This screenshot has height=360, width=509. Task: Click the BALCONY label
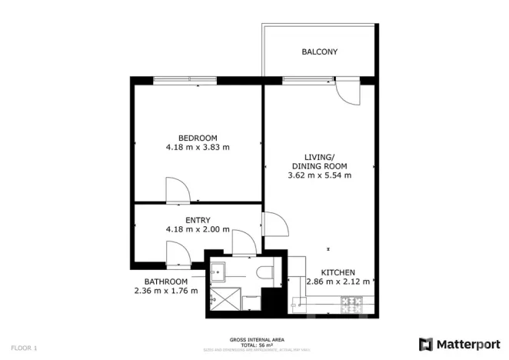(319, 52)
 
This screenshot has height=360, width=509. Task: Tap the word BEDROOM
(198, 138)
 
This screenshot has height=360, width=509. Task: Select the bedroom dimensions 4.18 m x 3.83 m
(198, 148)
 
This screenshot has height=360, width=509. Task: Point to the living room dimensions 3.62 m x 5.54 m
(319, 175)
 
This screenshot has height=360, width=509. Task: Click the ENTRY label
(198, 220)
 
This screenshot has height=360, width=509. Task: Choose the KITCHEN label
(338, 272)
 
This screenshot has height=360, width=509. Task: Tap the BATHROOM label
(165, 282)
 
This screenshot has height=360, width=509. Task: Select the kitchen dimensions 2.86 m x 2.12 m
(338, 282)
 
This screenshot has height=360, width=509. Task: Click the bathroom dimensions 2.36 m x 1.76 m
(165, 291)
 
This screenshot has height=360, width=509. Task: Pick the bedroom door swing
(175, 190)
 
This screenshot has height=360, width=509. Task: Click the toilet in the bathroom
(264, 272)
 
